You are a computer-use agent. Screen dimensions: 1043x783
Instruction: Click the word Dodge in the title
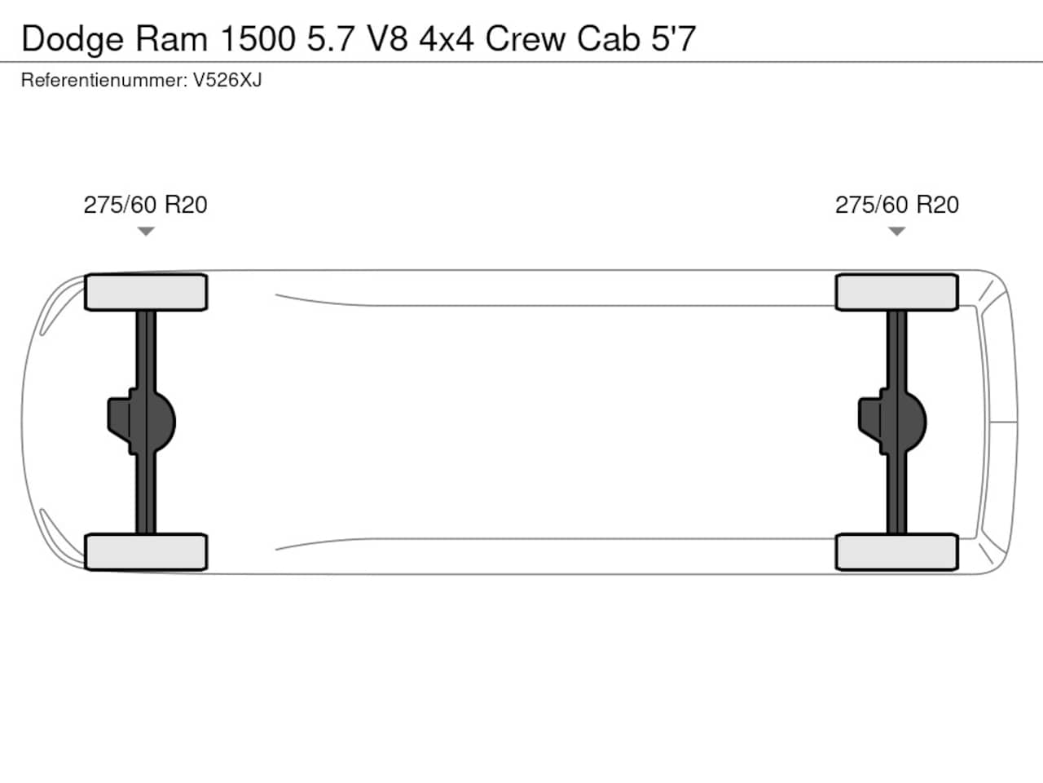coord(73,40)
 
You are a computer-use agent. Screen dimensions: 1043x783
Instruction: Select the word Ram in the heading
coord(172,38)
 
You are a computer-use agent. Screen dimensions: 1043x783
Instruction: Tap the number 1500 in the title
coord(258,38)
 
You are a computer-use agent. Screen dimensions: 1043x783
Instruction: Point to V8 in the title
coord(387,38)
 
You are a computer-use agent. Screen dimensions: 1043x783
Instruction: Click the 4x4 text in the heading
coord(447,38)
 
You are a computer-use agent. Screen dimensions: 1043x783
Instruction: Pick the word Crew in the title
coord(526,38)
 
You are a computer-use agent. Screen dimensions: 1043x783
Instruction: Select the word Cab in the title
coord(608,38)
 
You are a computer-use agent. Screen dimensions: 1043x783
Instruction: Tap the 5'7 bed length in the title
coord(673,38)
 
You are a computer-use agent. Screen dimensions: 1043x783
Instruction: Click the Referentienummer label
coord(104,81)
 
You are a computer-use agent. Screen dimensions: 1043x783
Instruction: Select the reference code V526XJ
coord(227,81)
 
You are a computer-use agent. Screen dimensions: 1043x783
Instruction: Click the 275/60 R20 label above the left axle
coord(145,205)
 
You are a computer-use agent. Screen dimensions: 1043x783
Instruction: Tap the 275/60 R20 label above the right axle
coord(896,205)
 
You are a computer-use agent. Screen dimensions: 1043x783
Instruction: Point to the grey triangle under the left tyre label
coord(146,231)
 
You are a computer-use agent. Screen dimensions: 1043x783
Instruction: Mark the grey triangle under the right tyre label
coord(896,231)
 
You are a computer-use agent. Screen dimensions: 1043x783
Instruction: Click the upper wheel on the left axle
coord(146,292)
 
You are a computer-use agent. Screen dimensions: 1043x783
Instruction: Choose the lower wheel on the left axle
coord(146,552)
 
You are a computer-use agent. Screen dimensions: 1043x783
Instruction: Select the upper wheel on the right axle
coord(896,292)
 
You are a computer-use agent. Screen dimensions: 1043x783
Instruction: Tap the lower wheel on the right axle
coord(896,552)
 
